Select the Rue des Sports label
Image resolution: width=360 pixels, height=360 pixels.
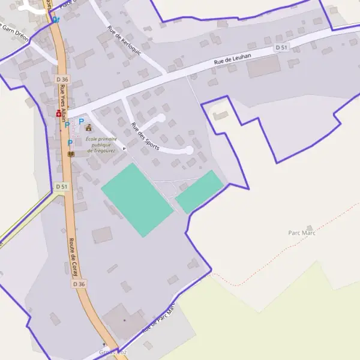pos(145,136)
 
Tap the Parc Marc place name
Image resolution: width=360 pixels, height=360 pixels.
pos(301,233)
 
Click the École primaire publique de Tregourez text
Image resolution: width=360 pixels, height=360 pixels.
pos(101,145)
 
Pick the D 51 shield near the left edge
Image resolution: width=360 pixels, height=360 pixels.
pos(62,187)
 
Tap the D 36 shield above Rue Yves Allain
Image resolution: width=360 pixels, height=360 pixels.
pos(62,79)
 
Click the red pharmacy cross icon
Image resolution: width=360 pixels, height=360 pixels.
pos(59,113)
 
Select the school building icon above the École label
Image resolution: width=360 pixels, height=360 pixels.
pos(89,127)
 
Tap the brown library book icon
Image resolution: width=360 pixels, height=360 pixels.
pos(71,154)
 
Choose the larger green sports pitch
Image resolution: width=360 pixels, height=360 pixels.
pos(137,199)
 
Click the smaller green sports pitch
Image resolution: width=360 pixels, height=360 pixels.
pos(199,191)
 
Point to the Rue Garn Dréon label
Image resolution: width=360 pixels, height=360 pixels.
pos(14,32)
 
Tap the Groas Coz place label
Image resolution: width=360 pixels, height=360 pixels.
pos(113,352)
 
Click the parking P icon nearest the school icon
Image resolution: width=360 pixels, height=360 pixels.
pos(81,122)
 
